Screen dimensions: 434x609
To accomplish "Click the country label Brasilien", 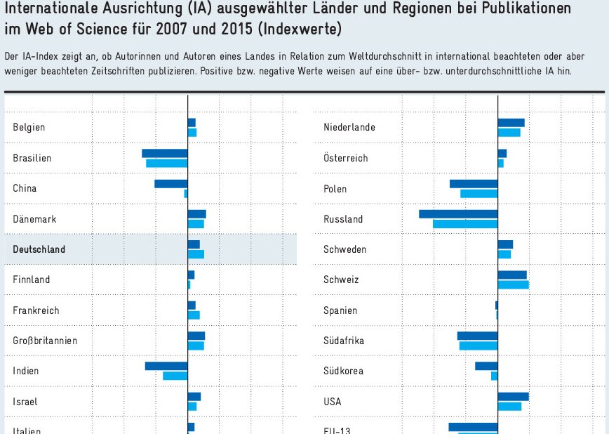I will [x=32, y=158].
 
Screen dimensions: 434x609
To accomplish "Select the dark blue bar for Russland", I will [x=458, y=214].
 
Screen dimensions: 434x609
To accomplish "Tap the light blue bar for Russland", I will [x=465, y=223].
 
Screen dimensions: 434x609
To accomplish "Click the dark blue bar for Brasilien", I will [x=165, y=153].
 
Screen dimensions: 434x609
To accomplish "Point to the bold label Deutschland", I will [x=39, y=249].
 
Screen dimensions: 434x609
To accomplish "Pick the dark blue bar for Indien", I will [x=166, y=366].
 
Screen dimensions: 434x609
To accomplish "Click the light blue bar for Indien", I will [x=175, y=376].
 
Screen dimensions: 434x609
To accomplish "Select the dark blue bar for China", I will [x=171, y=184].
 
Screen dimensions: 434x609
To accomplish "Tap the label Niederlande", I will [x=349, y=127].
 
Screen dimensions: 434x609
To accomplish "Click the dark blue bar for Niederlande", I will [x=511, y=123].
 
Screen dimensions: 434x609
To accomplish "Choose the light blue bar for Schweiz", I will [x=513, y=284].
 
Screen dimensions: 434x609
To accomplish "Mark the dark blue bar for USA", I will [x=513, y=397].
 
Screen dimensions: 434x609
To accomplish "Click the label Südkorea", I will [x=344, y=371].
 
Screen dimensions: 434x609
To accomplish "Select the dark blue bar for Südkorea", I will [x=486, y=366].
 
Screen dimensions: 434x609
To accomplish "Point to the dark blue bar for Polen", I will [x=474, y=184].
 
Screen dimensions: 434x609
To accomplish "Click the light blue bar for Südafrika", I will [x=479, y=346].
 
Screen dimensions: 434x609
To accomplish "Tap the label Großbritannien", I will [x=45, y=341].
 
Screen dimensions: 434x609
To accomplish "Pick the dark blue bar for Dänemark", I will [x=197, y=214].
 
